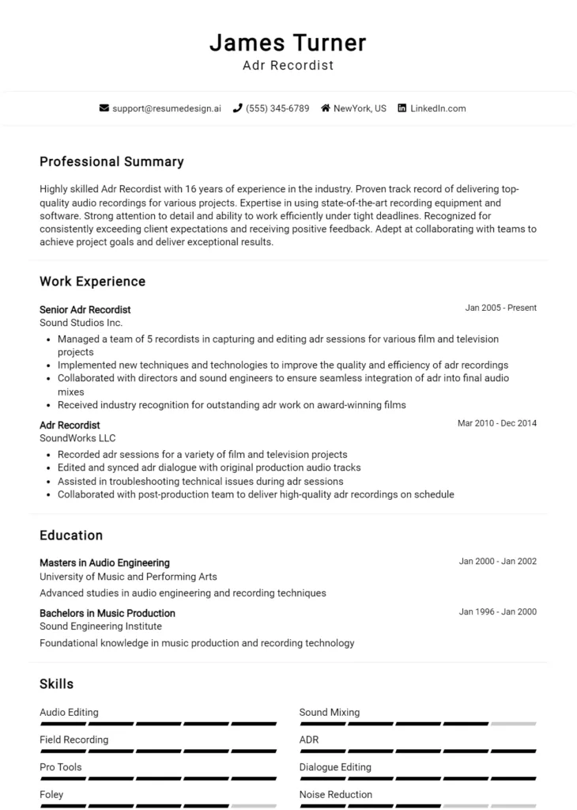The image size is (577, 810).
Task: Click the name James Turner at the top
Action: [288, 42]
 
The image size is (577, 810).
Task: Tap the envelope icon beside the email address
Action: [104, 108]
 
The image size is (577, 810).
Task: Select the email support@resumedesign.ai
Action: [166, 108]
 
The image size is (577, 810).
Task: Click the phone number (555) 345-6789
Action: [277, 108]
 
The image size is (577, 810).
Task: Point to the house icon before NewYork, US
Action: [325, 108]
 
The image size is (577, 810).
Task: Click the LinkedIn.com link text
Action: [438, 108]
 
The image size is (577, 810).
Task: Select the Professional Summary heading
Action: [111, 162]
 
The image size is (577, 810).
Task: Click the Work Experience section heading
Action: [92, 282]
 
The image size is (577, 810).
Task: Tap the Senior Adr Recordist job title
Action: [85, 309]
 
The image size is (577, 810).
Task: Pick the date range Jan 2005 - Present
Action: [500, 308]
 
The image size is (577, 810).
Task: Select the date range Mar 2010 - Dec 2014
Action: [496, 423]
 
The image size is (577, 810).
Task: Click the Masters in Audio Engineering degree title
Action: [104, 562]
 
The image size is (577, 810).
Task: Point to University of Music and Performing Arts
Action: [128, 577]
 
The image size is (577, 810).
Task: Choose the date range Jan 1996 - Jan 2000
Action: [497, 611]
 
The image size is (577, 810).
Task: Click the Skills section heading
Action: [56, 683]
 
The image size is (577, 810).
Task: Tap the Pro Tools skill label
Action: [60, 767]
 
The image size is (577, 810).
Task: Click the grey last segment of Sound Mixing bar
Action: [513, 724]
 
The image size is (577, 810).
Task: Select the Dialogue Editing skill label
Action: [335, 767]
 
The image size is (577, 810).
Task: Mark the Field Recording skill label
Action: [74, 740]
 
